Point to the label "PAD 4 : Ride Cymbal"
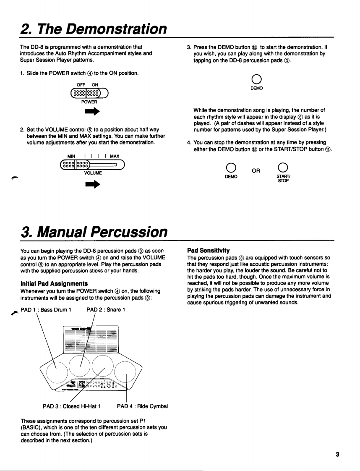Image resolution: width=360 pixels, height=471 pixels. (x=143, y=406)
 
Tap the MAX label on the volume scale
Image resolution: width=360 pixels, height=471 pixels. (x=115, y=156)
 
